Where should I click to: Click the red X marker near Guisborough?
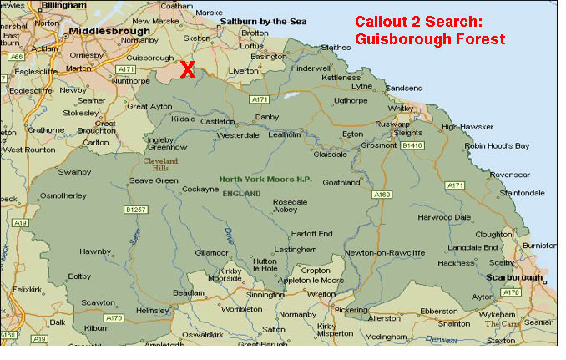pyautogui.click(x=188, y=69)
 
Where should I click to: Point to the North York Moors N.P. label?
pyautogui.click(x=265, y=179)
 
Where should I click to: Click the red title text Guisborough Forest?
pyautogui.click(x=430, y=39)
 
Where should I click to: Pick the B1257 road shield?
pyautogui.click(x=136, y=209)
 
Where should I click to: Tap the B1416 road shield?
pyautogui.click(x=412, y=145)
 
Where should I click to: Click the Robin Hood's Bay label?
pyautogui.click(x=497, y=146)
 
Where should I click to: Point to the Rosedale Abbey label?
pyautogui.click(x=290, y=205)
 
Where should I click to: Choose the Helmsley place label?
pyautogui.click(x=152, y=310)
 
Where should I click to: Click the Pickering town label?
pyautogui.click(x=350, y=309)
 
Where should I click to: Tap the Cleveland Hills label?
pyautogui.click(x=160, y=163)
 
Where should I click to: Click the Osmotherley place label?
pyautogui.click(x=63, y=195)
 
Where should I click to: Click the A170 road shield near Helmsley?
pyautogui.click(x=114, y=318)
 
